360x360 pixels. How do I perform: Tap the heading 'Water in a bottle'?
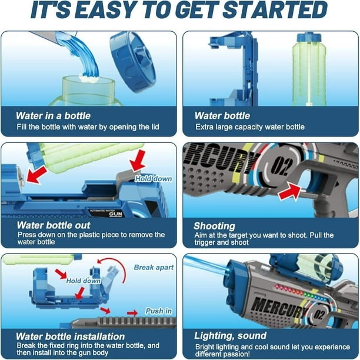(53, 115)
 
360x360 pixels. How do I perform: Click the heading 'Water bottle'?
(222, 115)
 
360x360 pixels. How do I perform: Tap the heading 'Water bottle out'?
(54, 225)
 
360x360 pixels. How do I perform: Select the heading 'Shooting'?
(214, 226)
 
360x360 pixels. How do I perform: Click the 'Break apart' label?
(154, 267)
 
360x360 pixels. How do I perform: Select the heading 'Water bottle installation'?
(70, 336)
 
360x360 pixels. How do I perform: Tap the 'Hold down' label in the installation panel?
(82, 281)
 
